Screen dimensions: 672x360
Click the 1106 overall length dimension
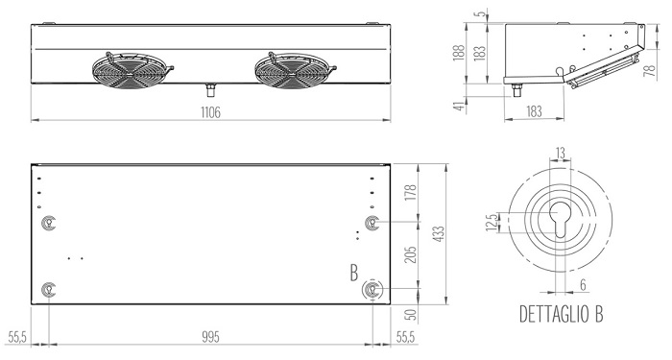[210, 112]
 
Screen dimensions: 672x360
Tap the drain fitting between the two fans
[210, 90]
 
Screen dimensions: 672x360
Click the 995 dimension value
[210, 337]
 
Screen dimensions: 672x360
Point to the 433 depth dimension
[440, 234]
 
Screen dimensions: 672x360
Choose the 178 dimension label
[411, 192]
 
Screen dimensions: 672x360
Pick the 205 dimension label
[411, 255]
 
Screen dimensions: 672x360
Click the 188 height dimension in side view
[459, 53]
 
